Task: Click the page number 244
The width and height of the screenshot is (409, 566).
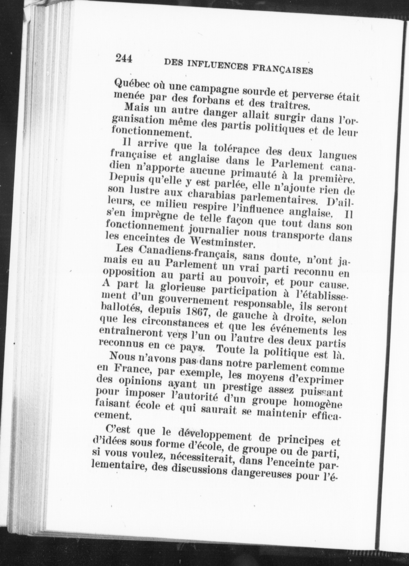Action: coord(124,59)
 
